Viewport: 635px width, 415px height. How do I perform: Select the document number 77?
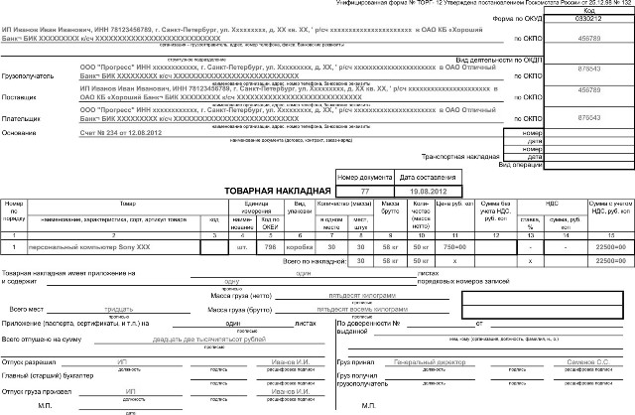click(x=364, y=189)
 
